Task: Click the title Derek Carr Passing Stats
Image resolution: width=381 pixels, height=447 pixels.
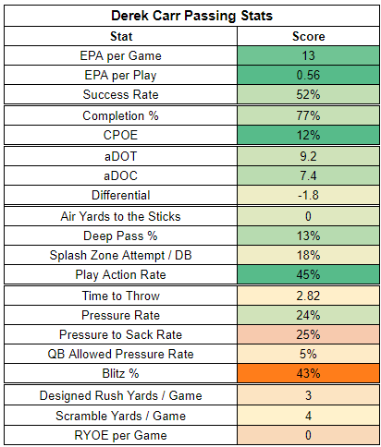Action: pyautogui.click(x=191, y=16)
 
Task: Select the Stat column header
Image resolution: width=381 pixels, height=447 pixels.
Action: pyautogui.click(x=121, y=36)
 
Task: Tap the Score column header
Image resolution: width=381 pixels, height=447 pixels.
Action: pyautogui.click(x=308, y=36)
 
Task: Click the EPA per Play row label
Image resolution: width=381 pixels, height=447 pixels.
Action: pyautogui.click(x=120, y=75)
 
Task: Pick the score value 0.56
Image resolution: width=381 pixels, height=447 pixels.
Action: pyautogui.click(x=308, y=75)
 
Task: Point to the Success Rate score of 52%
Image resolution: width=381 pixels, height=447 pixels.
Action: pyautogui.click(x=308, y=94)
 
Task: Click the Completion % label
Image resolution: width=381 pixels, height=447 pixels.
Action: pyautogui.click(x=120, y=115)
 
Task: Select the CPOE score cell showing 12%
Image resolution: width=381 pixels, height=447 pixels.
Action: pyautogui.click(x=308, y=135)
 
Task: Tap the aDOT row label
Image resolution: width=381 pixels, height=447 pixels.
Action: pyautogui.click(x=120, y=156)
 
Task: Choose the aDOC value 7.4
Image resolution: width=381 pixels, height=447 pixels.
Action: pyautogui.click(x=308, y=175)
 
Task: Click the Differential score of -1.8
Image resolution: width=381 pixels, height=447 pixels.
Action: pyautogui.click(x=308, y=195)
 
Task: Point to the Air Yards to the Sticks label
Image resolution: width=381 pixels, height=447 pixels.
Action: pyautogui.click(x=120, y=216)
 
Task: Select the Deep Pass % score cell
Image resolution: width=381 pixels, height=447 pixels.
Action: pyautogui.click(x=308, y=236)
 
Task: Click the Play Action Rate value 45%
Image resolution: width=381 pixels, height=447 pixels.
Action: pyautogui.click(x=308, y=274)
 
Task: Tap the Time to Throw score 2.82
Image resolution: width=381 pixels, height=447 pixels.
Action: pyautogui.click(x=308, y=296)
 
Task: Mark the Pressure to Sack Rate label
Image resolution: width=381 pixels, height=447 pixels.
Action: pyautogui.click(x=120, y=334)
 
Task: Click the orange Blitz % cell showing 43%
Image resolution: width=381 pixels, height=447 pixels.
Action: pyautogui.click(x=308, y=373)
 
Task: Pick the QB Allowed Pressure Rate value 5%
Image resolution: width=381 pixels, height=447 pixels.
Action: pyautogui.click(x=308, y=354)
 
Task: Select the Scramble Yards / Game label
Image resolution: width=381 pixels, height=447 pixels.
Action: pyautogui.click(x=120, y=416)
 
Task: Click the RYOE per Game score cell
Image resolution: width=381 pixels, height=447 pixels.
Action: pyautogui.click(x=308, y=435)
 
